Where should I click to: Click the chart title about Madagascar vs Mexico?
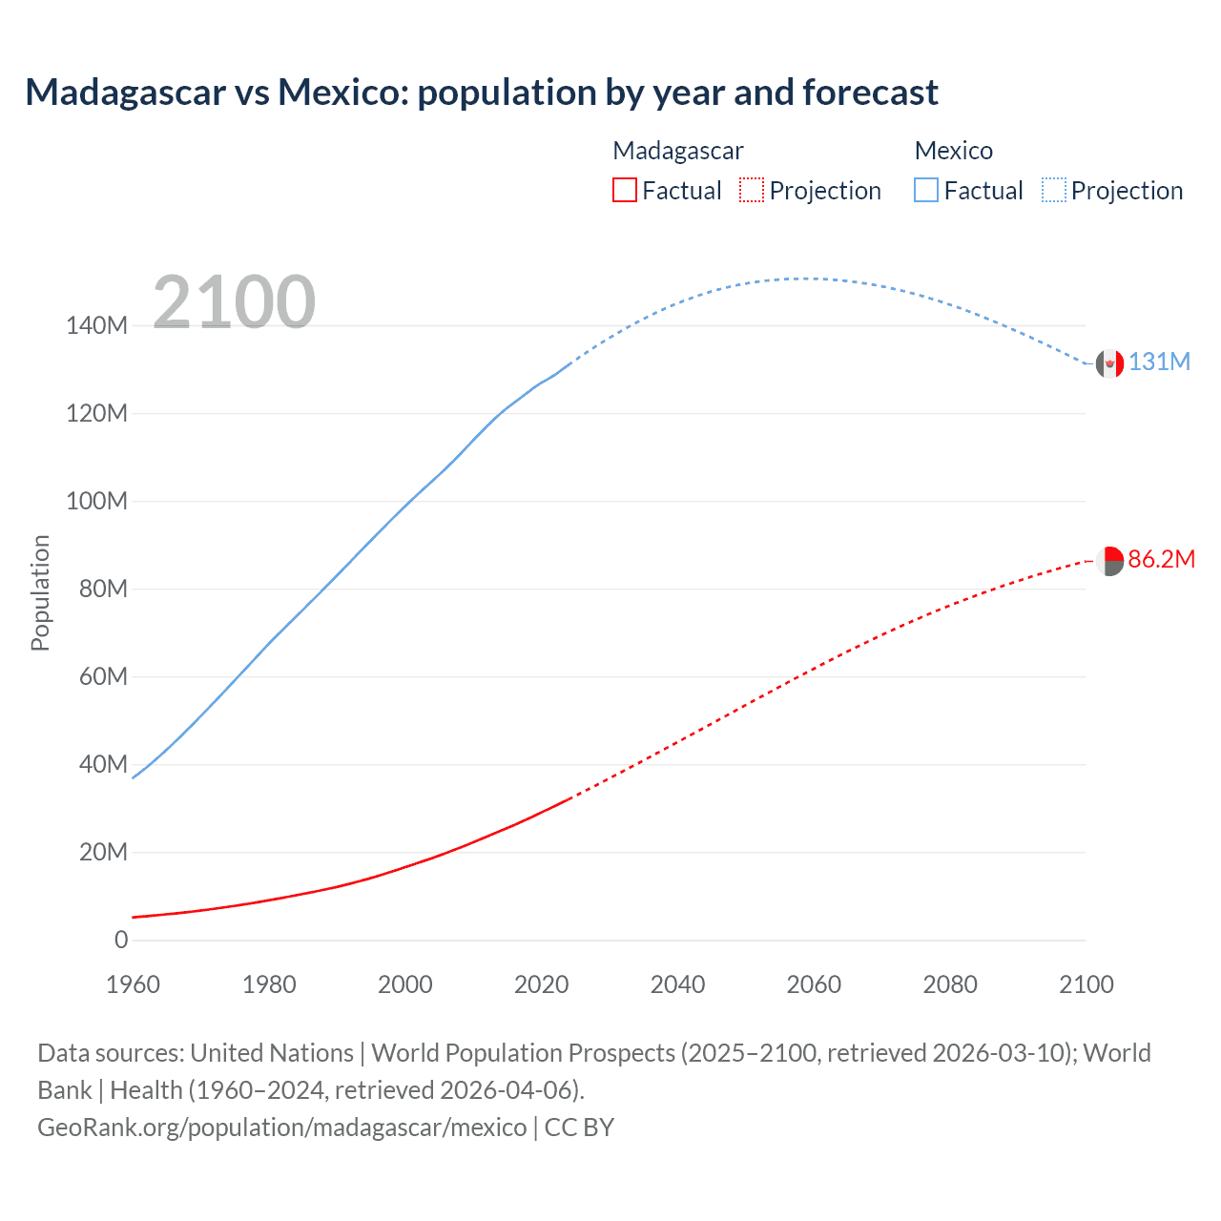[x=482, y=93]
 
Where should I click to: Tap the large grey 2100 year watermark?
[x=234, y=302]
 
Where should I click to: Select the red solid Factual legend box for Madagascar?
[x=624, y=190]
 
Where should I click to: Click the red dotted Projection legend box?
[x=752, y=190]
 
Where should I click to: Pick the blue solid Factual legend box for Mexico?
[x=926, y=190]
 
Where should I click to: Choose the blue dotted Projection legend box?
[x=1054, y=190]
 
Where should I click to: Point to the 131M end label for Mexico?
[x=1159, y=362]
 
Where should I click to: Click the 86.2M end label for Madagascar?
[x=1161, y=560]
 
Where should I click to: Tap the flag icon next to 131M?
[x=1109, y=363]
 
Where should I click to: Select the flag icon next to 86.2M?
[x=1109, y=561]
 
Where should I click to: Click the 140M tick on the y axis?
[x=96, y=326]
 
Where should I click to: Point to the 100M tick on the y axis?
[x=96, y=502]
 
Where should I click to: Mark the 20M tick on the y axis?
[x=102, y=853]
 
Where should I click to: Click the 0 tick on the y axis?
[x=121, y=941]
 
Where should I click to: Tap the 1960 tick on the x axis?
[x=133, y=985]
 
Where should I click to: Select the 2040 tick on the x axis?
[x=677, y=985]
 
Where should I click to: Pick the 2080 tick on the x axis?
[x=950, y=985]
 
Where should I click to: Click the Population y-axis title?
[x=40, y=592]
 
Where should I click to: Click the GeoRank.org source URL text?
[x=282, y=1128]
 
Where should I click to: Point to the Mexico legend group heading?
[x=953, y=151]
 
